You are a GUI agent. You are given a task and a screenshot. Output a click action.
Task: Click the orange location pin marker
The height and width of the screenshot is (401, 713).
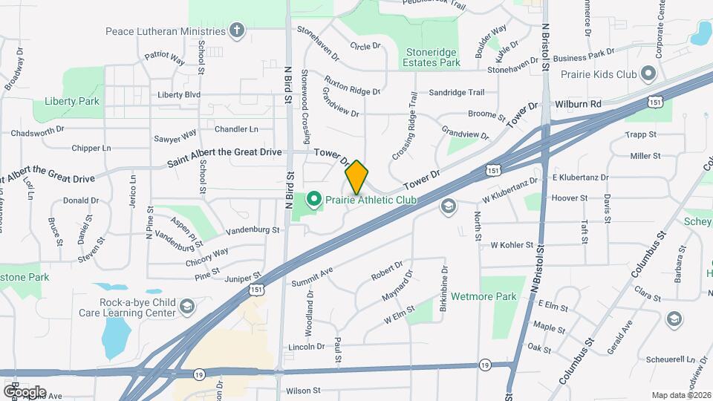click(x=357, y=177)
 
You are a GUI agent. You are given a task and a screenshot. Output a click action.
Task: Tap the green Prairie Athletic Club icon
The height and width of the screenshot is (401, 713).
click(x=313, y=199)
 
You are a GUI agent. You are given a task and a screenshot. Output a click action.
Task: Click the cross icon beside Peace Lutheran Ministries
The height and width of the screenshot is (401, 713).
click(x=236, y=31)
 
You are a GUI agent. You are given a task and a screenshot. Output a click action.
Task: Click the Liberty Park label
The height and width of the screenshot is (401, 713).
click(x=62, y=101)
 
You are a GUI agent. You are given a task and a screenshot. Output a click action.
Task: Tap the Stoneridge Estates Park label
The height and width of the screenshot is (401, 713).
click(x=434, y=58)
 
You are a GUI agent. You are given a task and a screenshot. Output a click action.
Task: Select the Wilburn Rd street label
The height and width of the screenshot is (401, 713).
click(x=576, y=104)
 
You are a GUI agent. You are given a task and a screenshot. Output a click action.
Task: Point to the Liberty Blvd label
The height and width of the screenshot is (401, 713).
click(x=179, y=95)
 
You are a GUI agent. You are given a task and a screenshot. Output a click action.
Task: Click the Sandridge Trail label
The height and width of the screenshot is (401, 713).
click(x=457, y=93)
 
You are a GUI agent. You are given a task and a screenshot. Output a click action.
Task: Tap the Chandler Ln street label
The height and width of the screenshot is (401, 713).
click(x=236, y=128)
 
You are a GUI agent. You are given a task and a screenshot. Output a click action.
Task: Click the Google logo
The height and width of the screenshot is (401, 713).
click(x=25, y=391)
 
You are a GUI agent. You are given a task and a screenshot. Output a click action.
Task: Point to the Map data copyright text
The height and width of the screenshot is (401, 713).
click(x=680, y=395)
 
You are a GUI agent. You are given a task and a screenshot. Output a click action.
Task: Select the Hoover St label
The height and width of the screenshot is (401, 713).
click(x=570, y=198)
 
